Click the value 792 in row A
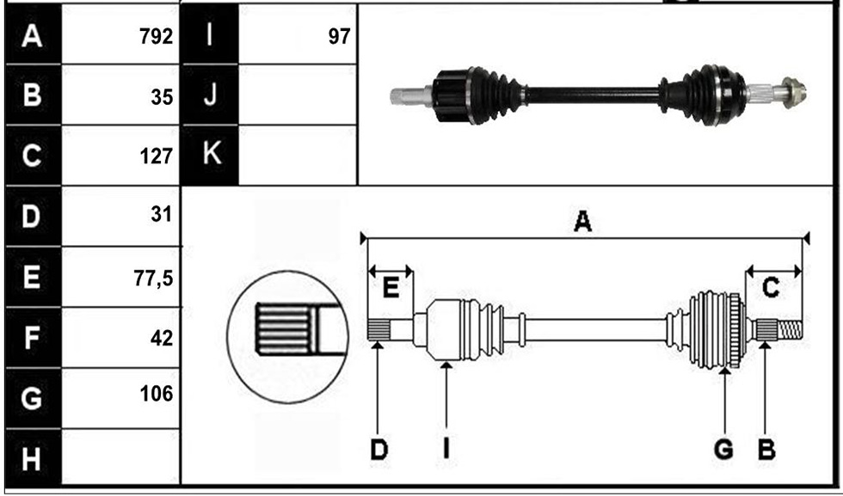point(156,37)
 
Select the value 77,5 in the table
point(154,279)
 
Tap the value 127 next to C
point(156,156)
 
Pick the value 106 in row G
point(157,394)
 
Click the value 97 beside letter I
point(339,37)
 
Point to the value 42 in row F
point(162,339)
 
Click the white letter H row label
point(31,460)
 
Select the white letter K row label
point(212,153)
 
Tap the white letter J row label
point(210,94)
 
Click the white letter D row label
point(31,217)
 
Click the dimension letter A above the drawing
point(583,222)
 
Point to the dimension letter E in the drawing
point(391,289)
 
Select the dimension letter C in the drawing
point(771,288)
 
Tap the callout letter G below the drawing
point(723,449)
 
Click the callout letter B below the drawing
point(766,449)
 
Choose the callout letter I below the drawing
point(446,449)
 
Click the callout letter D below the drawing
point(379,449)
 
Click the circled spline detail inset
point(287,337)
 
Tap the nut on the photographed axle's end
point(793,93)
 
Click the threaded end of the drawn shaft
point(791,329)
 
